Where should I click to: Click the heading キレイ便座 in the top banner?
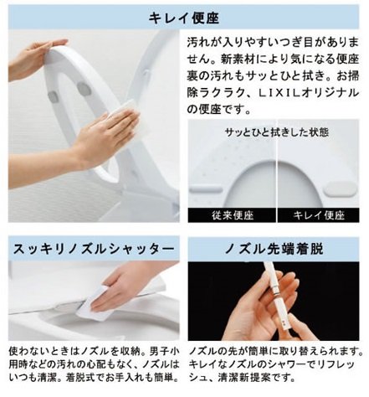[x=184, y=18]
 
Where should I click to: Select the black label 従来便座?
[x=232, y=215]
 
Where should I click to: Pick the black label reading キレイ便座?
[x=319, y=215]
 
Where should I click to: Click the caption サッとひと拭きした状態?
[x=277, y=132]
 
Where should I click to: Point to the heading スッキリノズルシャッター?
[x=94, y=249]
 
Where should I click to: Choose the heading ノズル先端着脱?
[x=274, y=249]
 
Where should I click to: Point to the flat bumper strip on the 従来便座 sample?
[x=206, y=190]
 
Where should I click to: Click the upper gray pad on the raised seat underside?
[x=84, y=89]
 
